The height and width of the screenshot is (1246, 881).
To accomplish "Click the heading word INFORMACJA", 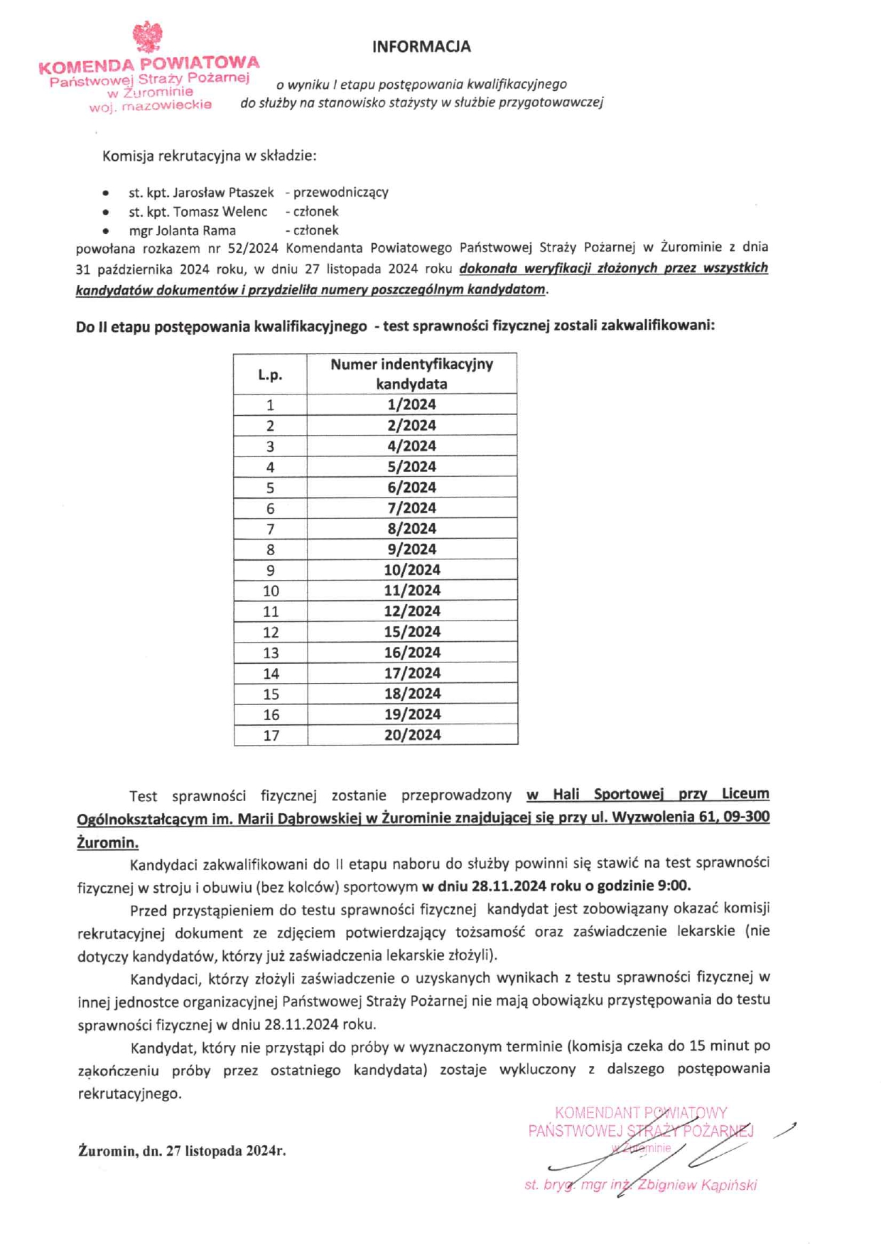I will (x=421, y=47).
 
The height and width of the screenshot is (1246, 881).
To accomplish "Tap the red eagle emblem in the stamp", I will (x=147, y=37).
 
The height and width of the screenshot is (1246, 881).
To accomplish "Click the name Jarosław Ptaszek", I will (x=223, y=193).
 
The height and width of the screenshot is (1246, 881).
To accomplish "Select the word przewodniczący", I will (x=340, y=193).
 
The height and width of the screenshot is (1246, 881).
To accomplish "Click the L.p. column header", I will (x=270, y=375).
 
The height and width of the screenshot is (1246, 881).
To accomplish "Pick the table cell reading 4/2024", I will (x=411, y=446).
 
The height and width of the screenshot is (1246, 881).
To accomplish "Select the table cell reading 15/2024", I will (x=411, y=632).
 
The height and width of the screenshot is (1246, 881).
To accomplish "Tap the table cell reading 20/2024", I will (x=412, y=735).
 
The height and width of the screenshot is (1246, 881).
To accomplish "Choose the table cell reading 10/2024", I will (x=412, y=570).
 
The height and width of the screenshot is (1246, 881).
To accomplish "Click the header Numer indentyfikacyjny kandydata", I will (x=411, y=374).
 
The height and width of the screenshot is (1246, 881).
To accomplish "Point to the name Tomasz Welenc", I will (x=220, y=212).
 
